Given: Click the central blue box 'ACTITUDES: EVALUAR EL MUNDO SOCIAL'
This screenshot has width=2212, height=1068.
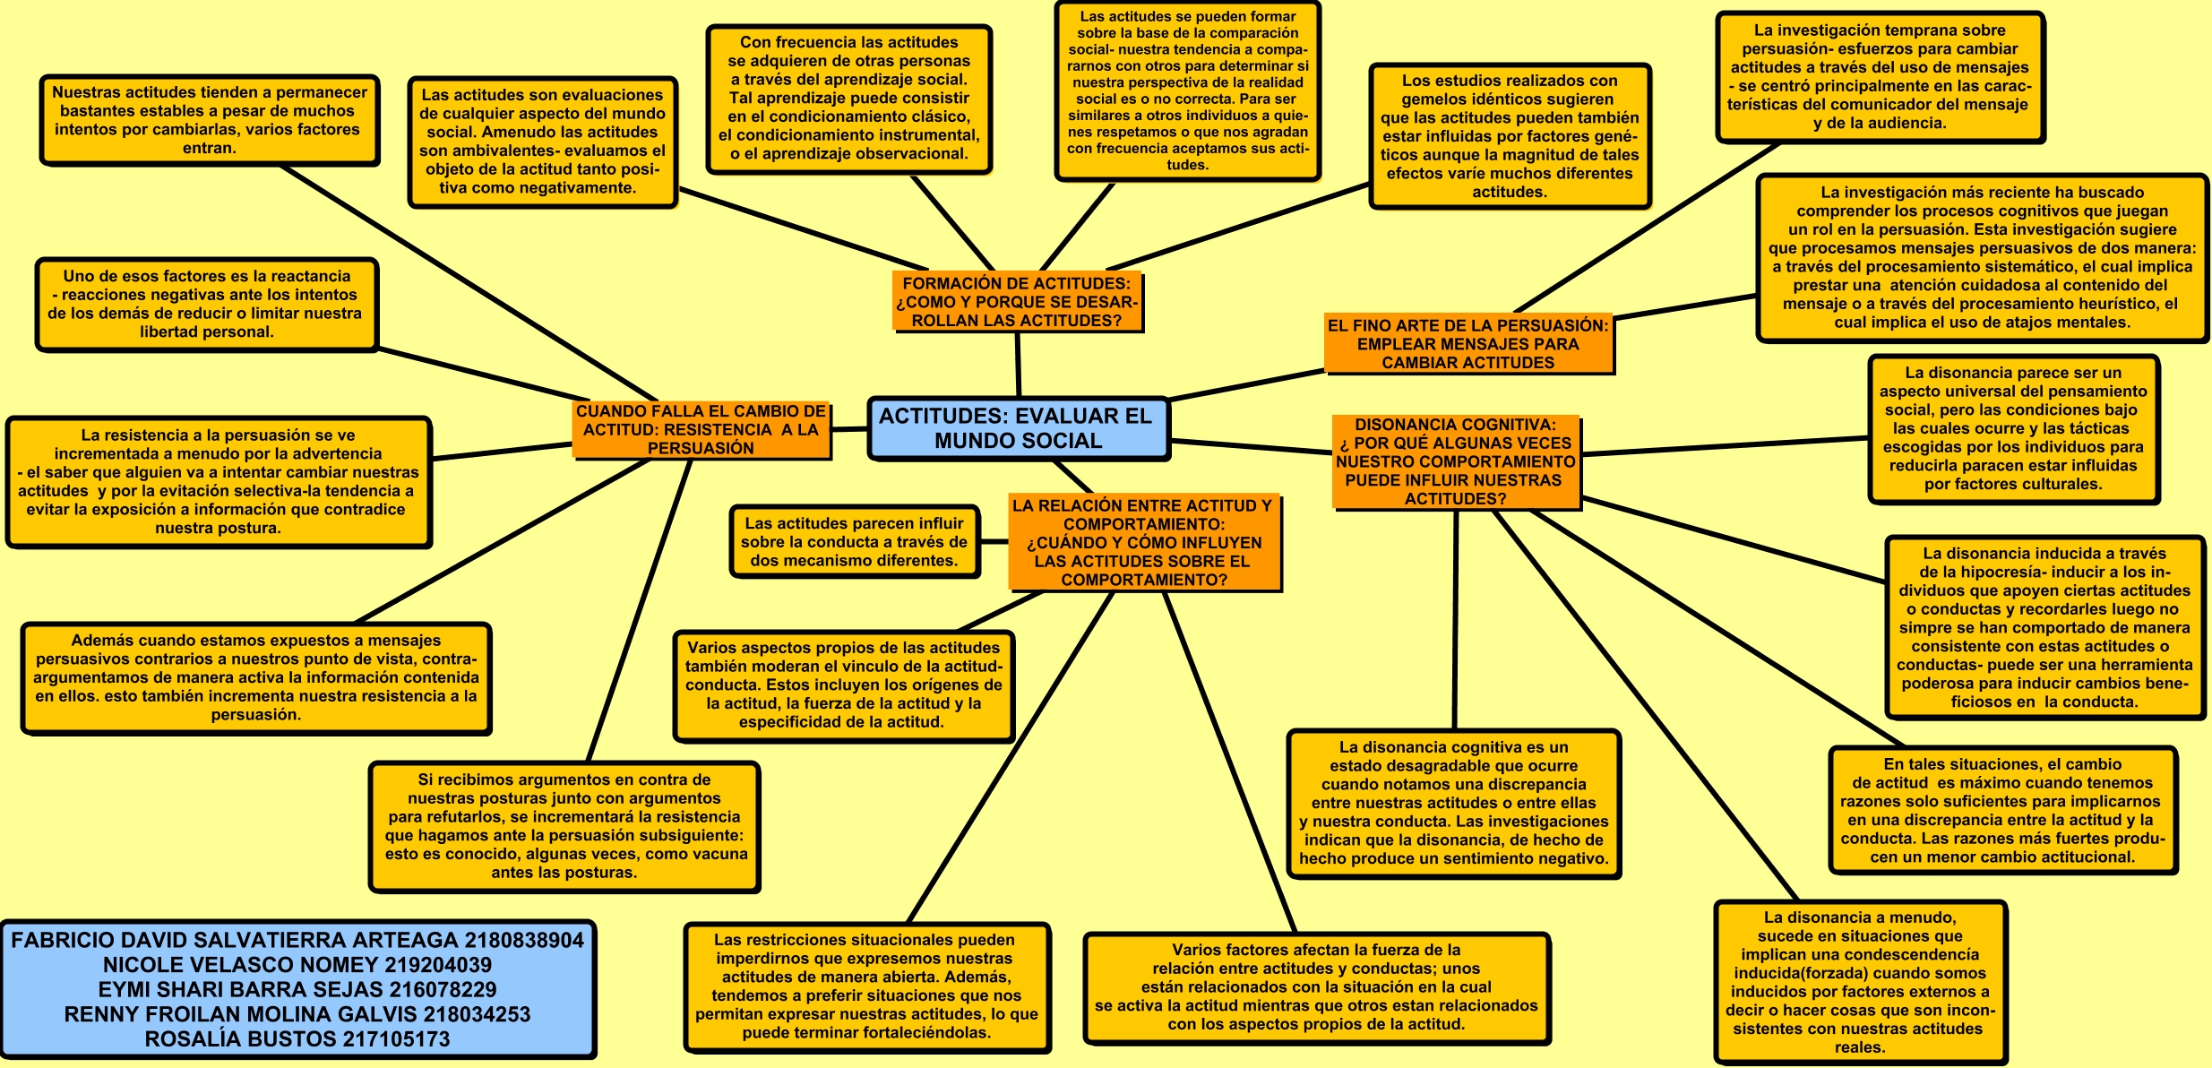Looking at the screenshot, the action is point(1019,428).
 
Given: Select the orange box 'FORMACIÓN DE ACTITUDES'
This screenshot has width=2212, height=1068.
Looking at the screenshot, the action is point(1017,302).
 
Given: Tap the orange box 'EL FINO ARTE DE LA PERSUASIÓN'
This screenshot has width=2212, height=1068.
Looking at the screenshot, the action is point(1467,344).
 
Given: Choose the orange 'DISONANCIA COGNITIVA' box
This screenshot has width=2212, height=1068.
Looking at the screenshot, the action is point(1455,461).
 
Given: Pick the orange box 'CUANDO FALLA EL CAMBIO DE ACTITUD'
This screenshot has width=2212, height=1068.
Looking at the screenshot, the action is point(701,429).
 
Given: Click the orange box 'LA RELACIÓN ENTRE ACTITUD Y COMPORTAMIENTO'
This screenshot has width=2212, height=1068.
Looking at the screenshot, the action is point(1142,542).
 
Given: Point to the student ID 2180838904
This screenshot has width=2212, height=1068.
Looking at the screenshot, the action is point(524,940).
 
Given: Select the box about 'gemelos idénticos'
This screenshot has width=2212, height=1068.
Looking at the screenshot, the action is point(1510,136).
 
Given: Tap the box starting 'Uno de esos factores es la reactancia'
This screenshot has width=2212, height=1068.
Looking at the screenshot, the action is point(206,304).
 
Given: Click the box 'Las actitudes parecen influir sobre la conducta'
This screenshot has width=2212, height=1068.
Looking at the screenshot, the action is point(854,542).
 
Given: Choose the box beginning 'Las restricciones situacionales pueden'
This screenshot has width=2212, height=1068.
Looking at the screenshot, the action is point(866,986).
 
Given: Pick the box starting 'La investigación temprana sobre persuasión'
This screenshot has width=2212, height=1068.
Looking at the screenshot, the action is point(1880,77).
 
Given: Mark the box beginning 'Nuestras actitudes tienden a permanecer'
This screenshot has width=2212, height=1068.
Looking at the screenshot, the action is point(210,120).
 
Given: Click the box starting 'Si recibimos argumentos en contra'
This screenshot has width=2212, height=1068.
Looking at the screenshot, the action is point(564,826).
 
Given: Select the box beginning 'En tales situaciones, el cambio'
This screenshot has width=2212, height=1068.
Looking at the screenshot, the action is point(2002,810).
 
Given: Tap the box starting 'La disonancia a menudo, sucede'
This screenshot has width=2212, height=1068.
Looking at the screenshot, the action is point(1860,982).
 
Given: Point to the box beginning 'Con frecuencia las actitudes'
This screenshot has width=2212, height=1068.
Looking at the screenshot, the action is point(848,98).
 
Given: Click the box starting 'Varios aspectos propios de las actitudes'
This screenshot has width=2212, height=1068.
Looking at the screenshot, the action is point(843,685).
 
